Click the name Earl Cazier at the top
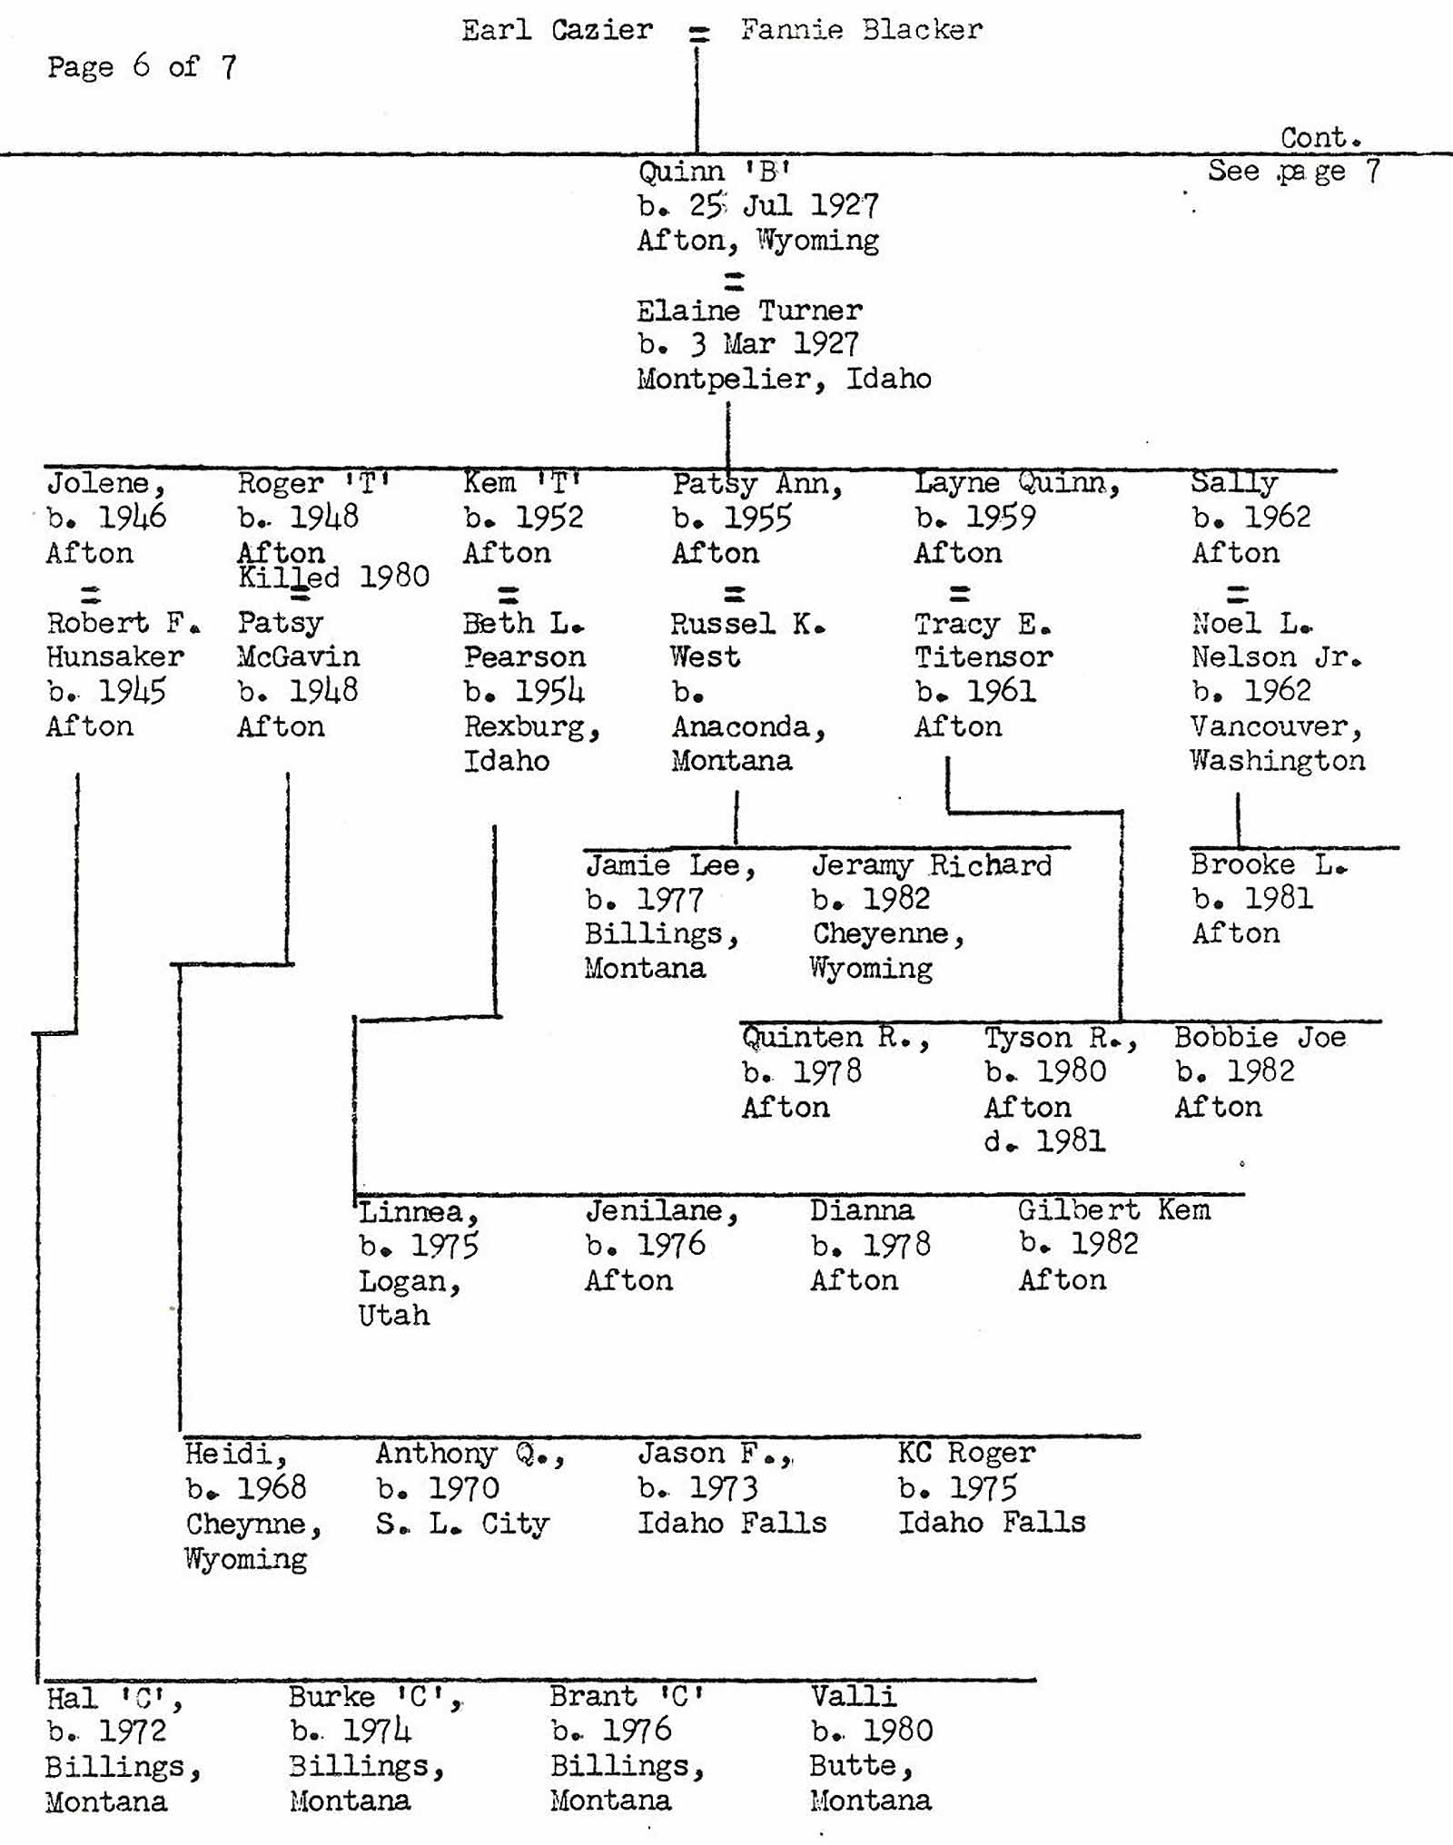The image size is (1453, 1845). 557,30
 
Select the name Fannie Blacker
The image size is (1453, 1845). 861,30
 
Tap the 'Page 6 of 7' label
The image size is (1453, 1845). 142,66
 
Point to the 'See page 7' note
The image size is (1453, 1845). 1293,171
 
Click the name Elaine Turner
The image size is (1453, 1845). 749,311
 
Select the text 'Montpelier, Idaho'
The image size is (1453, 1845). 784,379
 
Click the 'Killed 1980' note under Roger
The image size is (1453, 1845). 333,577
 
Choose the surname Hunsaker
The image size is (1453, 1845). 115,656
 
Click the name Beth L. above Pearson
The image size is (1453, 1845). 523,623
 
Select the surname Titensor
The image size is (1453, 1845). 983,656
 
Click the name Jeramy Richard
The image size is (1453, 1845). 932,864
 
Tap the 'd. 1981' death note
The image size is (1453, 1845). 1044,1141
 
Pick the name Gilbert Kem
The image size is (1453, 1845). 1113,1209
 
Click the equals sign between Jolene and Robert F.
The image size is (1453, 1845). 90,596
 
